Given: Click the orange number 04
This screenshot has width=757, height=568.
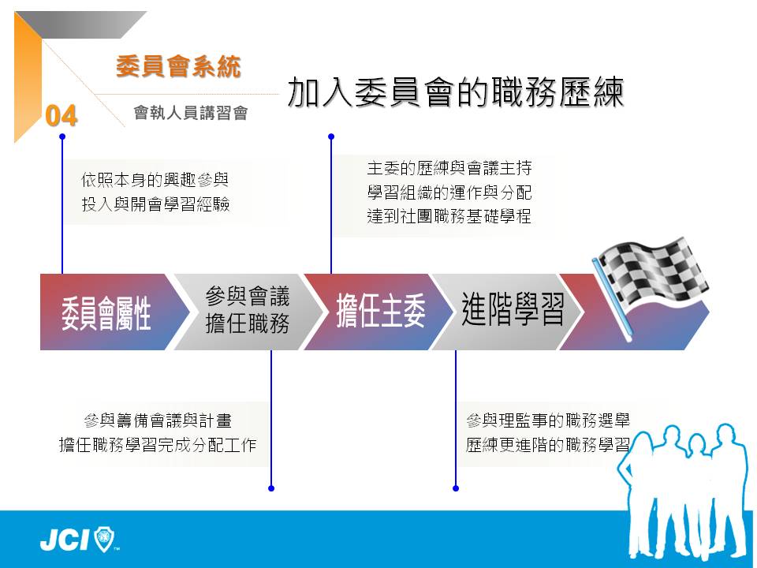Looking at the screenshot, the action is tap(62, 116).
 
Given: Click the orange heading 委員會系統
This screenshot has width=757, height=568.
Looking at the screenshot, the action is tap(178, 66).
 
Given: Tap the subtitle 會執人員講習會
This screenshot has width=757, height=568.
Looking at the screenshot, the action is tap(191, 113).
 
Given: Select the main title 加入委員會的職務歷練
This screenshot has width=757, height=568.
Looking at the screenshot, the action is tap(456, 92).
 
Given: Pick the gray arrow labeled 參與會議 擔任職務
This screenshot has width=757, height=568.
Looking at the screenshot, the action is tap(247, 312).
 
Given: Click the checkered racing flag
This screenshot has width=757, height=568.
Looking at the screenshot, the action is tap(649, 285).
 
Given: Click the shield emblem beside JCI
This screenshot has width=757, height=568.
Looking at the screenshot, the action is tap(104, 539).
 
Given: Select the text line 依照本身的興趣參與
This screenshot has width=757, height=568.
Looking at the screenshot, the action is tap(155, 180).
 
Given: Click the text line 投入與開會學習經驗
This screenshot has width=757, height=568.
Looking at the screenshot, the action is tap(155, 204).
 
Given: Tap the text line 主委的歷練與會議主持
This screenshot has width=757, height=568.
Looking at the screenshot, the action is tap(449, 168).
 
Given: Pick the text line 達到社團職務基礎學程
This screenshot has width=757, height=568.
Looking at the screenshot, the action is tap(449, 216).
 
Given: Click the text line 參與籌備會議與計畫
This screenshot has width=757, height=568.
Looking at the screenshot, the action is tap(158, 420).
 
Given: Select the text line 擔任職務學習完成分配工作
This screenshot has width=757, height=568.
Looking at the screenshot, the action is tap(158, 444).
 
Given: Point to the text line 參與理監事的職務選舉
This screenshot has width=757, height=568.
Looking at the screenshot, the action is tap(548, 420).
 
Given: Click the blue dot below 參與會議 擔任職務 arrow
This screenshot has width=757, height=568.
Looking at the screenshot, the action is tap(271, 488).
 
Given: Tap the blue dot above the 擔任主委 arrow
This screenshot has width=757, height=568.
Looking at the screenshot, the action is tap(331, 136).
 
